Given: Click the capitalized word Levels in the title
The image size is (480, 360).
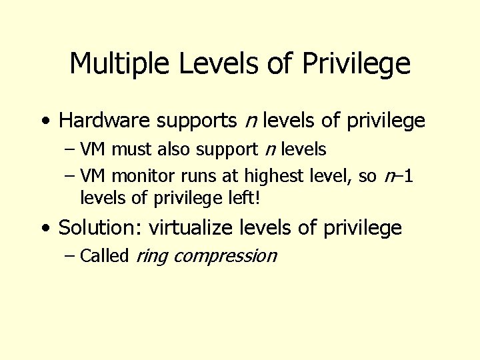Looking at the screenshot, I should click(207, 64).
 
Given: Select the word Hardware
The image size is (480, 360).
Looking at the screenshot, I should click(105, 121).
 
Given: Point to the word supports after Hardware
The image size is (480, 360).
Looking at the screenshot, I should click(197, 122).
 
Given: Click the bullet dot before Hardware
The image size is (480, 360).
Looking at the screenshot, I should click(44, 121).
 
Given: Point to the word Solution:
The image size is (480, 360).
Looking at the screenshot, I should click(101, 228).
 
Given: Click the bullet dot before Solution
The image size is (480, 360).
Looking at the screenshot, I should click(44, 229).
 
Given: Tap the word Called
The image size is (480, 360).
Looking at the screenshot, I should click(104, 256).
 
